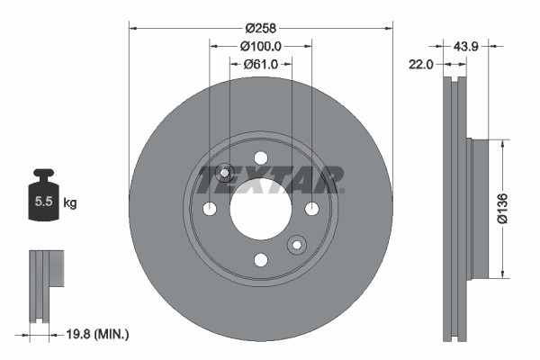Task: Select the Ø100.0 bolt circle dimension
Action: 261,45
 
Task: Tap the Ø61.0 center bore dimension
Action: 261,64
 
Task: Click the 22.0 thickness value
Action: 422,64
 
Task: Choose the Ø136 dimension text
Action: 517,209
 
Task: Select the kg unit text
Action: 70,203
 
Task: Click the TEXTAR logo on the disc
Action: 269,178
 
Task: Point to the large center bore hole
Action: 261,209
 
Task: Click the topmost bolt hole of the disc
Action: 261,157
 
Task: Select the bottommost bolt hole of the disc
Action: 261,260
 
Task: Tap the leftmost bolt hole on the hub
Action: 210,209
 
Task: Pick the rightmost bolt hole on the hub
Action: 312,209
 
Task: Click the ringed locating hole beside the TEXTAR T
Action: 225,173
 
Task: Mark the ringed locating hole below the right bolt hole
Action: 297,245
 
